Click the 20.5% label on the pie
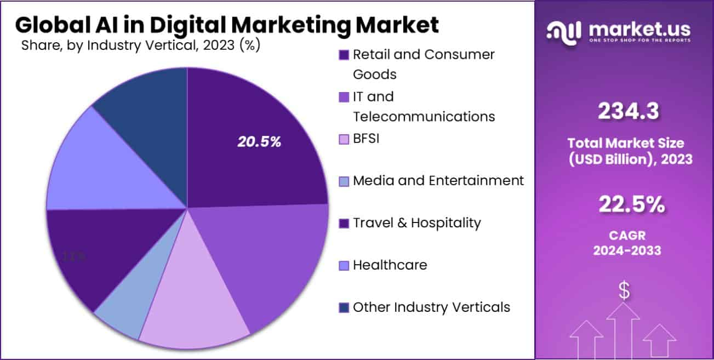259,142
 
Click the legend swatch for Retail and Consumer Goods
344,55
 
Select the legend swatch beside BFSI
344,139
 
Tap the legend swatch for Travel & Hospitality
344,223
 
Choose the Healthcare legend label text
390,265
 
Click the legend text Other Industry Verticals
431,307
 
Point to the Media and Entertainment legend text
438,181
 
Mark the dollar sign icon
624,290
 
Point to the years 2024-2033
627,250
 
